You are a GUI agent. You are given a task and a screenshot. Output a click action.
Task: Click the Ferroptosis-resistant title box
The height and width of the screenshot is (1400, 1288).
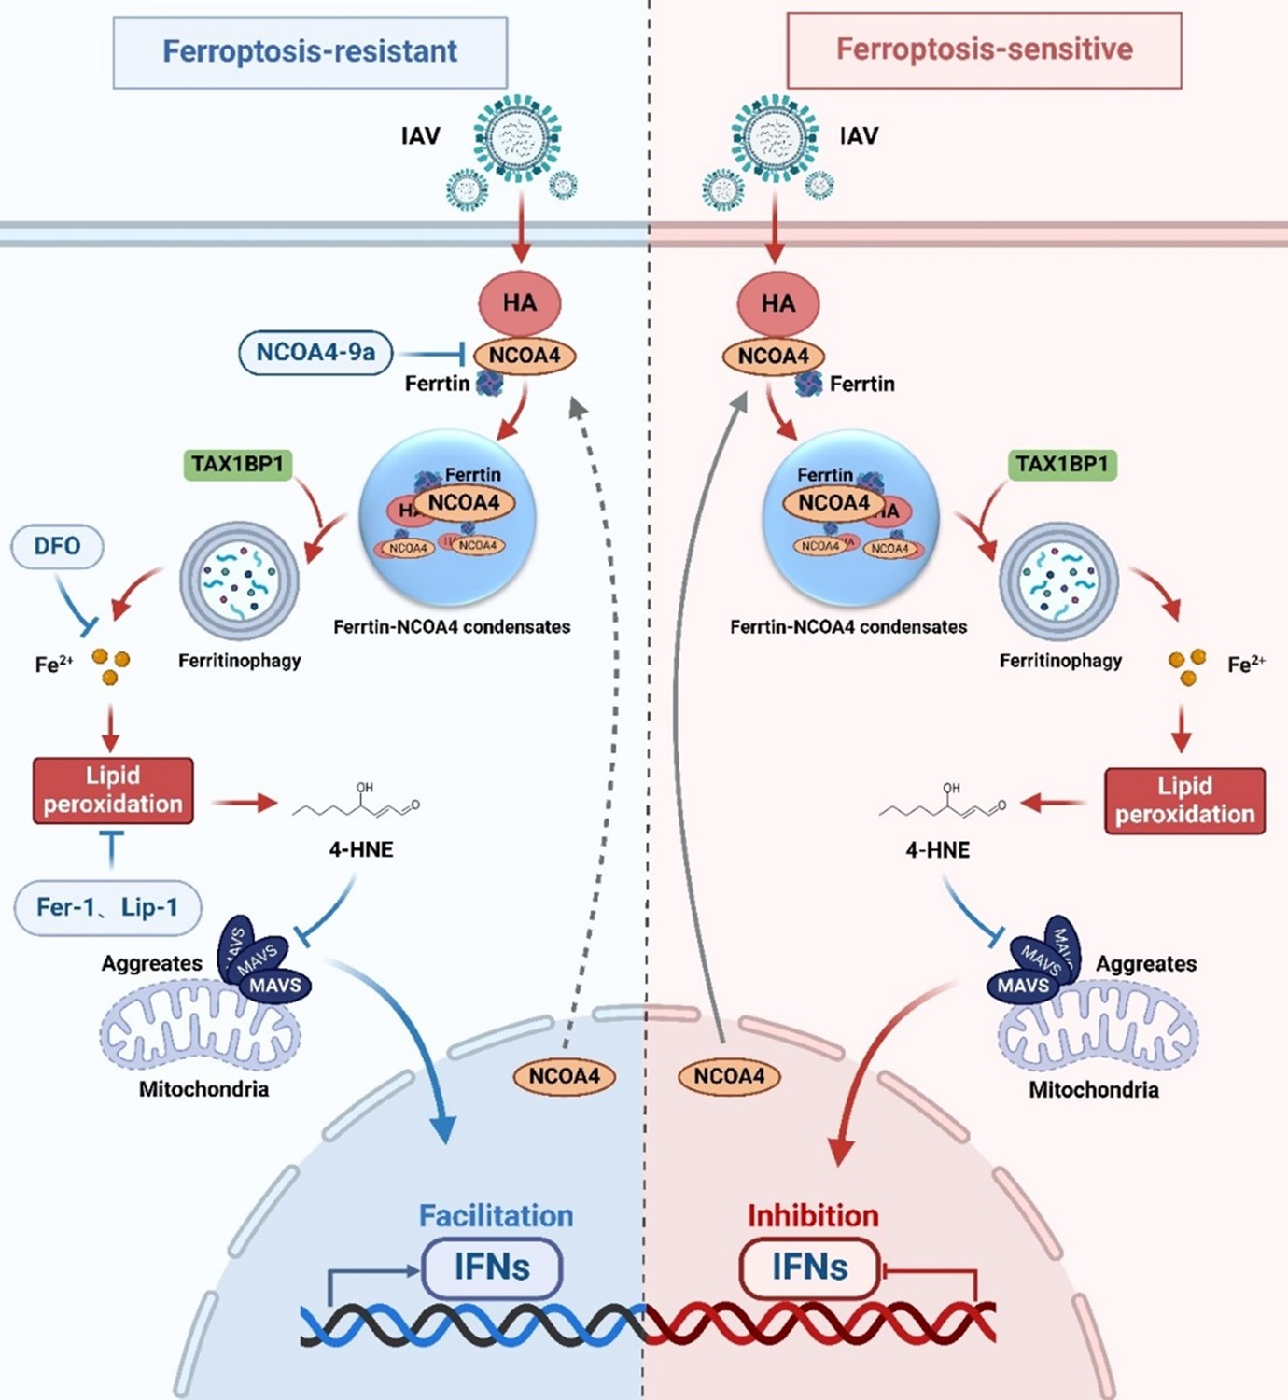pyautogui.click(x=310, y=52)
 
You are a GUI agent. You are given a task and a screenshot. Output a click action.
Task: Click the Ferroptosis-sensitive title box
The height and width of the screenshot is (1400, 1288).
pyautogui.click(x=984, y=50)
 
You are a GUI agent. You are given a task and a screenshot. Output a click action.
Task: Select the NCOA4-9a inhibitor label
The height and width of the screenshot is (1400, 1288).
pyautogui.click(x=315, y=353)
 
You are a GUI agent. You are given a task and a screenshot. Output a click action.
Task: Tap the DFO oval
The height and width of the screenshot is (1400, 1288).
pyautogui.click(x=57, y=547)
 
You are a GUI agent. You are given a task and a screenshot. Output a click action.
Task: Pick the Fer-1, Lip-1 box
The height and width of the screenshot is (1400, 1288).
pyautogui.click(x=107, y=908)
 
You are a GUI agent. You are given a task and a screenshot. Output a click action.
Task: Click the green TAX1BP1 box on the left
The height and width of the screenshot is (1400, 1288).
pyautogui.click(x=237, y=464)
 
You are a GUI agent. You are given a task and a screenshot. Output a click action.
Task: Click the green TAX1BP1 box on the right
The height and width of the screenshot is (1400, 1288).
pyautogui.click(x=1062, y=464)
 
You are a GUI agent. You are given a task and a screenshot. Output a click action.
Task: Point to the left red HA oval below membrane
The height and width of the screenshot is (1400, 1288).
pyautogui.click(x=520, y=303)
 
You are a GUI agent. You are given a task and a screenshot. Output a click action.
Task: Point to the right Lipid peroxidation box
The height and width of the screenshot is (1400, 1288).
pyautogui.click(x=1184, y=801)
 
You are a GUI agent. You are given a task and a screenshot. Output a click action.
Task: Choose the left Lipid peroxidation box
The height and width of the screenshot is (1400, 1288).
pyautogui.click(x=113, y=791)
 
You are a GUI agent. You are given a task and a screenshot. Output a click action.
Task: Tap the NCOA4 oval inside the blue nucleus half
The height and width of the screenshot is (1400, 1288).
pyautogui.click(x=564, y=1076)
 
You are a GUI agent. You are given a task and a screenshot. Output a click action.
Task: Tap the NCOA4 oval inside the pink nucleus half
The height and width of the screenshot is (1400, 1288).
pyautogui.click(x=729, y=1076)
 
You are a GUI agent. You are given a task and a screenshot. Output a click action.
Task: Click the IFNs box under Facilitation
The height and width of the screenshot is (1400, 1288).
pyautogui.click(x=492, y=1268)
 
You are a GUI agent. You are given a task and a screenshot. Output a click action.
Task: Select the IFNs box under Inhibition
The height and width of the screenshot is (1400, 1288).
pyautogui.click(x=809, y=1268)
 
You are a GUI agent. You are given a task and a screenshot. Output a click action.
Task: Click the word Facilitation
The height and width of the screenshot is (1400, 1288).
pyautogui.click(x=496, y=1216)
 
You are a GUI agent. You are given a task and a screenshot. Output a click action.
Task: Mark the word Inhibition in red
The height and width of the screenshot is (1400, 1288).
pyautogui.click(x=813, y=1216)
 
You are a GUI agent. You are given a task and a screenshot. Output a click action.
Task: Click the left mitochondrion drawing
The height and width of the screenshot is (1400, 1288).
pyautogui.click(x=201, y=1031)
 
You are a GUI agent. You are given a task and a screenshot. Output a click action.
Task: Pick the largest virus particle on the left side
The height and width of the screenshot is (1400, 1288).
pyautogui.click(x=517, y=138)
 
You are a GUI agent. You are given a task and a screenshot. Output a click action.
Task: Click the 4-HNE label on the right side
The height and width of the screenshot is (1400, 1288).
pyautogui.click(x=937, y=850)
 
